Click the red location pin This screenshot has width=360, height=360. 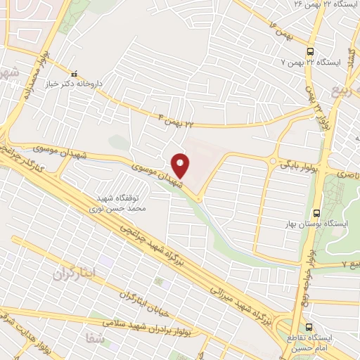pyautogui.click(x=181, y=165)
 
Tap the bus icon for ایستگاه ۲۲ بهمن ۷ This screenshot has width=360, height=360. pyautogui.click(x=310, y=51)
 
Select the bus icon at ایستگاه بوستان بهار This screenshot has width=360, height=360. pyautogui.click(x=316, y=211)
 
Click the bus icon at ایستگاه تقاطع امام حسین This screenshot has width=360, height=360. pyautogui.click(x=310, y=327)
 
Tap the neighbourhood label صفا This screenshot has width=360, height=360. pyautogui.click(x=94, y=337)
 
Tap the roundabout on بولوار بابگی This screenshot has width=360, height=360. pyautogui.click(x=272, y=162)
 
